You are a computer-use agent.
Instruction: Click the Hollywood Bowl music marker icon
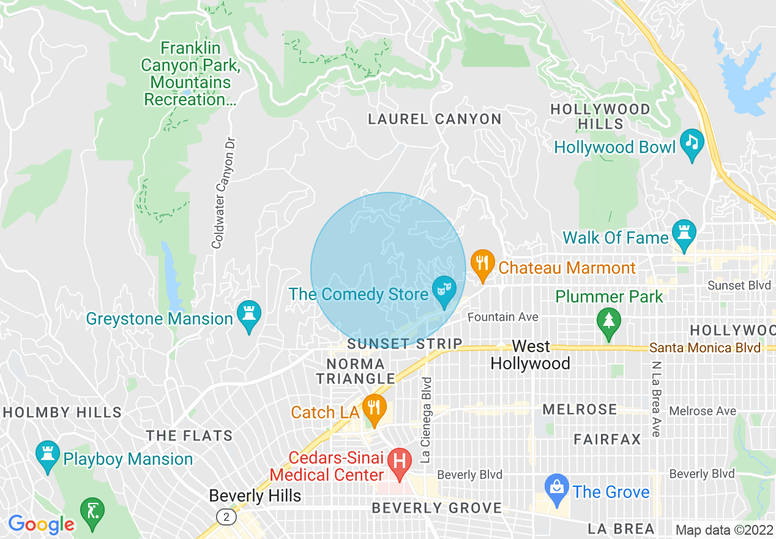point(692,143)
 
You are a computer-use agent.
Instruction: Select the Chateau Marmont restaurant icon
point(482,264)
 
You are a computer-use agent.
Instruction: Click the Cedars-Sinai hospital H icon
point(400,461)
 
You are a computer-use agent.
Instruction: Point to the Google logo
point(41,524)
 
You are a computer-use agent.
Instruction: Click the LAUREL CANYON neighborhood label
point(435,119)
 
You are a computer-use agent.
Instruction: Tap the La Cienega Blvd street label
point(427,419)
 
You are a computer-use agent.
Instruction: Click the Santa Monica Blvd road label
point(704,348)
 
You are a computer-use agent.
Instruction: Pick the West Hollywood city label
point(530,355)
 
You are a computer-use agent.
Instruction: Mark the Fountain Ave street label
point(503,317)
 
